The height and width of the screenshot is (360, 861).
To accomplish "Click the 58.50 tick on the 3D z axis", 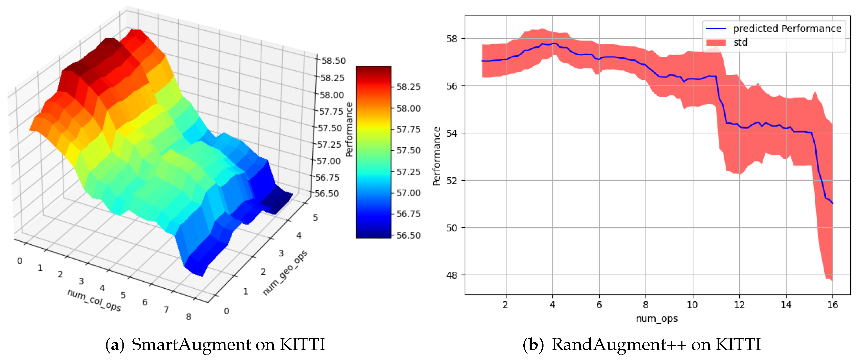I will (333, 61).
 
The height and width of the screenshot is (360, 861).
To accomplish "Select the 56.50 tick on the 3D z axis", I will (327, 194).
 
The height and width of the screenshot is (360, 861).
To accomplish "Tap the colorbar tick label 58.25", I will (408, 87).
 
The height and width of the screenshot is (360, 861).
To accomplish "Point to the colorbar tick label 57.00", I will (408, 193).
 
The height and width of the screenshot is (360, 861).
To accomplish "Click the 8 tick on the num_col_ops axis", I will (189, 317).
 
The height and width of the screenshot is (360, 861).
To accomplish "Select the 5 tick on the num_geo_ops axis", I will (315, 218).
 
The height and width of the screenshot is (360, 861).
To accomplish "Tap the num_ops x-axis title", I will (656, 319).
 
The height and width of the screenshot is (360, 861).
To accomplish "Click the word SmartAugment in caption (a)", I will (191, 345).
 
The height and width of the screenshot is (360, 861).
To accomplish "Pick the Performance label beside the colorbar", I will (349, 129).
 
